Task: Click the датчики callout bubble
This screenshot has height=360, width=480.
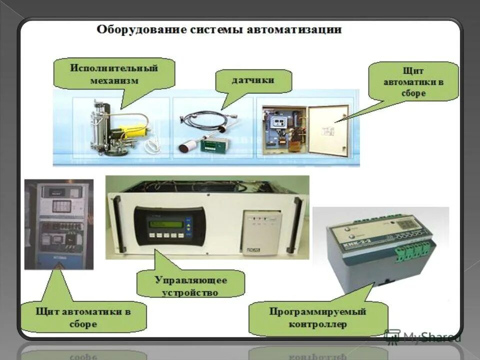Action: [253, 80]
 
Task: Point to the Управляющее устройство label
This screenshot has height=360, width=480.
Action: [190, 285]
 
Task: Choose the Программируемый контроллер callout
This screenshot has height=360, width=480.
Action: [317, 318]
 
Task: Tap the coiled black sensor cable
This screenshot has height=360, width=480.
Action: [204, 120]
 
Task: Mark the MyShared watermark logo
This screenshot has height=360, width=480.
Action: [422, 336]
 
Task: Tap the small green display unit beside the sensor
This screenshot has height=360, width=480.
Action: [212, 145]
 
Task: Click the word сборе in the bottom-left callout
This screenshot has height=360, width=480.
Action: [83, 324]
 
